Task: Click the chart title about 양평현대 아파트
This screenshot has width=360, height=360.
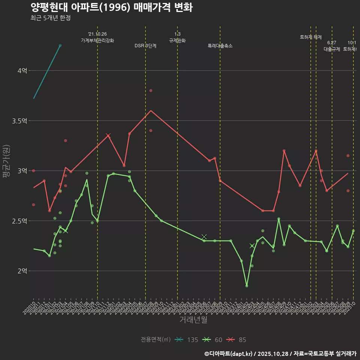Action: [x=111, y=7]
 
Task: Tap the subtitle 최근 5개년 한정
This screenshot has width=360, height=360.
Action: [x=50, y=18]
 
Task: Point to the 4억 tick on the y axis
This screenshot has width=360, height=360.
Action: [x=22, y=70]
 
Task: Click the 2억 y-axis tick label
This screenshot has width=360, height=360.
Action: [x=22, y=271]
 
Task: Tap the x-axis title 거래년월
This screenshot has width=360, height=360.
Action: [x=193, y=320]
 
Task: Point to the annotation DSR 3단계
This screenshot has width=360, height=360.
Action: [x=145, y=46]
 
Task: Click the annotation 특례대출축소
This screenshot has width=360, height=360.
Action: [x=220, y=46]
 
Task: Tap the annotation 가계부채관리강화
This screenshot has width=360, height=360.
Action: [x=97, y=40]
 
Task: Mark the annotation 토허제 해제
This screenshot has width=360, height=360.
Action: [x=311, y=37]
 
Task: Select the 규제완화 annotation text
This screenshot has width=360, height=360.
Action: [x=177, y=40]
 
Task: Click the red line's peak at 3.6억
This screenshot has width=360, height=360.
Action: [x=151, y=111]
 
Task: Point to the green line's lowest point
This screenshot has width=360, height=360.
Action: [x=247, y=286]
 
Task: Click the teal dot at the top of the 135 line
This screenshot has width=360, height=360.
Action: [x=60, y=45]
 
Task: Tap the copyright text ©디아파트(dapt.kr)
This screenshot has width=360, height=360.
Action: [x=229, y=353]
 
